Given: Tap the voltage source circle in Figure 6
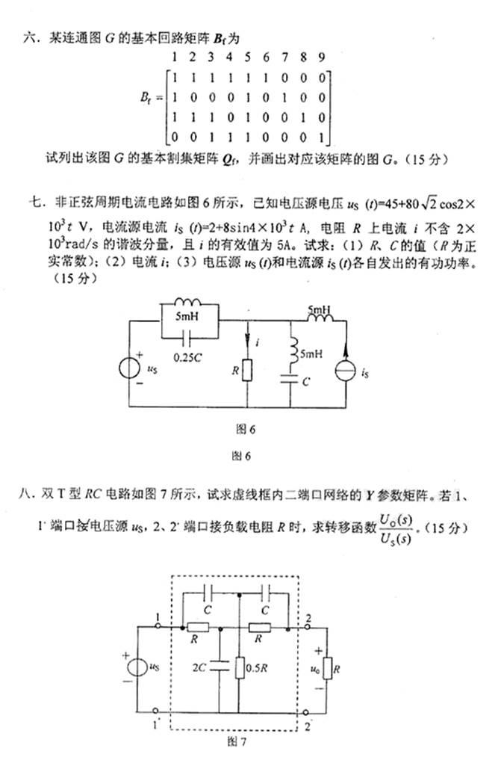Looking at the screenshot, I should (131, 368).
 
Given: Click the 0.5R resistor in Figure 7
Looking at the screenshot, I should (237, 664).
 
